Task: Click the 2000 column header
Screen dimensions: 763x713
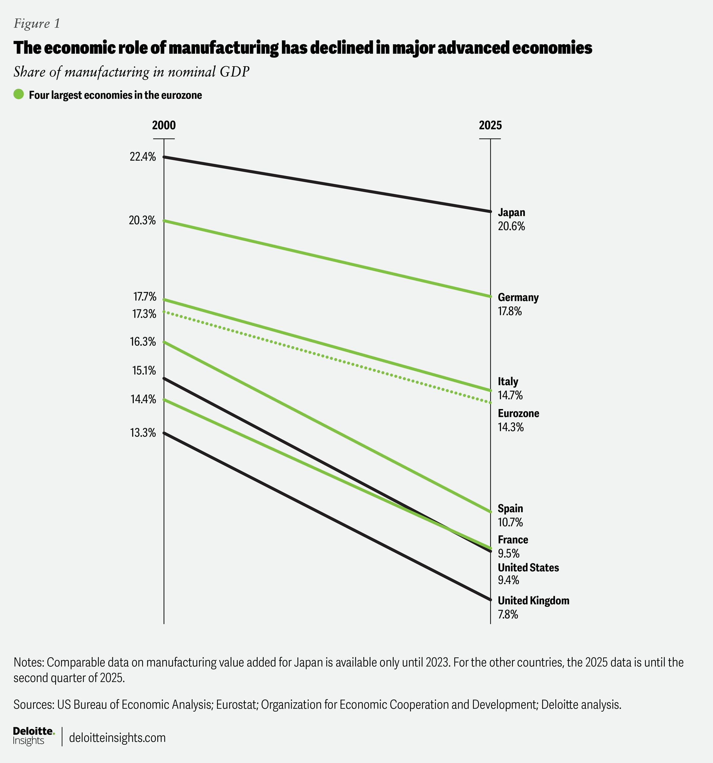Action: [164, 126]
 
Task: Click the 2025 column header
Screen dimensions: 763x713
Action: [490, 126]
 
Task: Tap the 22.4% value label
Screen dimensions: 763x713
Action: [143, 157]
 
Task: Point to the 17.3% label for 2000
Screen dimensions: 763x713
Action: [144, 314]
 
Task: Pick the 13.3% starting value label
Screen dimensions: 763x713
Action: [143, 433]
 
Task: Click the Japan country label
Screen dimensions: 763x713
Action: [511, 212]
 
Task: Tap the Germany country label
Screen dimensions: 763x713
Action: [518, 298]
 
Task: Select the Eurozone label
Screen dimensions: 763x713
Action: [518, 413]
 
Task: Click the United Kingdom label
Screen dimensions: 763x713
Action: [533, 601]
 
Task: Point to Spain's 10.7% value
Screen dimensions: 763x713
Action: [510, 522]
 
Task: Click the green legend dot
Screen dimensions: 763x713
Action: [19, 94]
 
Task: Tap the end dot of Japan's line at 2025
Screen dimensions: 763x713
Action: [490, 211]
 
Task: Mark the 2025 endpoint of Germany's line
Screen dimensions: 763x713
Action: [490, 296]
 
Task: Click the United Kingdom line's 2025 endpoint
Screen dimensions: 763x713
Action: [490, 599]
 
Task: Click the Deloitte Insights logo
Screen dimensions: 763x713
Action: [34, 736]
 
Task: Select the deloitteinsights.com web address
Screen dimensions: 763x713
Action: [117, 738]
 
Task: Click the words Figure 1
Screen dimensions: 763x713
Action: [37, 24]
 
